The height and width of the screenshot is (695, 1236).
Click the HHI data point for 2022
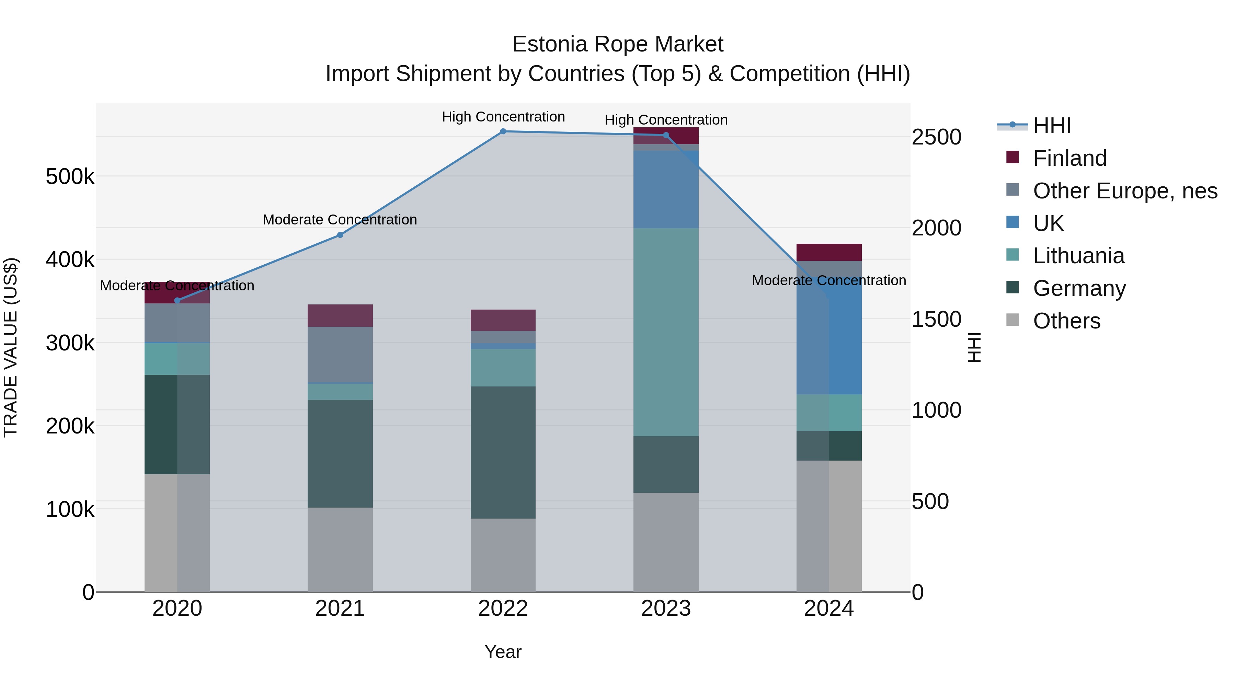[x=503, y=131]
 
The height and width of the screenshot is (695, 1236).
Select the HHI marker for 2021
[x=340, y=235]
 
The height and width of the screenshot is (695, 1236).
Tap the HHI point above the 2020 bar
[x=177, y=301]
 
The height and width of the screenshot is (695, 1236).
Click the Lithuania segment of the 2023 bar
[x=666, y=332]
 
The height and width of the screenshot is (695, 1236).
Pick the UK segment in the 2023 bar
[x=666, y=189]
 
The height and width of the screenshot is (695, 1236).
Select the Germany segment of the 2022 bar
[x=503, y=452]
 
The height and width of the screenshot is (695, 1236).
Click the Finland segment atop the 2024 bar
[x=829, y=252]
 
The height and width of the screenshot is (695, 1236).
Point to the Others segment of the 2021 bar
[x=340, y=550]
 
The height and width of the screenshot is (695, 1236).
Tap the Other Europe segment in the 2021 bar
[x=340, y=355]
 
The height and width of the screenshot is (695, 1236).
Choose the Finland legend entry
[x=1069, y=158]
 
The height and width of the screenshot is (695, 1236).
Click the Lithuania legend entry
[x=1078, y=256]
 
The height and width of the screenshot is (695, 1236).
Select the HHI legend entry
[x=1052, y=126]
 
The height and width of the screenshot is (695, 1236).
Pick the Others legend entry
[x=1066, y=321]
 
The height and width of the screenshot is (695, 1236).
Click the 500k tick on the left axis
[x=70, y=176]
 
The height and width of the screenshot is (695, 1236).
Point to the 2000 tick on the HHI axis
[x=936, y=228]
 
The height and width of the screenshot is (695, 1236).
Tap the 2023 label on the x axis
[x=666, y=609]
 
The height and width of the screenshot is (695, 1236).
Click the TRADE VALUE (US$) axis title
[x=11, y=347]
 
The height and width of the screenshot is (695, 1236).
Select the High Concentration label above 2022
[x=503, y=117]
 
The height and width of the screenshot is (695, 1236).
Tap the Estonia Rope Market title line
[x=618, y=44]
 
